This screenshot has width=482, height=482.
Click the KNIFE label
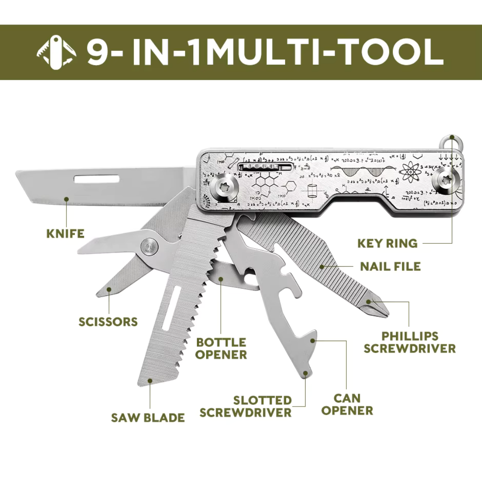(65, 233)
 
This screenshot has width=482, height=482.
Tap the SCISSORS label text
(108, 322)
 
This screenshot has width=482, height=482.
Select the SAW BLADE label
(148, 418)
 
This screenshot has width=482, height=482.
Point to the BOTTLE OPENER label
(221, 349)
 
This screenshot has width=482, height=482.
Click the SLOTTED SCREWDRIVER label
(245, 406)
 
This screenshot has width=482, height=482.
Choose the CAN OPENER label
(347, 404)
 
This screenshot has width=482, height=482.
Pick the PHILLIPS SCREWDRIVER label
(409, 342)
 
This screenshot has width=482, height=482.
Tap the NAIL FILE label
(391, 266)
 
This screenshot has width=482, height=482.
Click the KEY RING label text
(387, 243)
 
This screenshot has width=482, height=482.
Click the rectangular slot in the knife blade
(97, 179)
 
